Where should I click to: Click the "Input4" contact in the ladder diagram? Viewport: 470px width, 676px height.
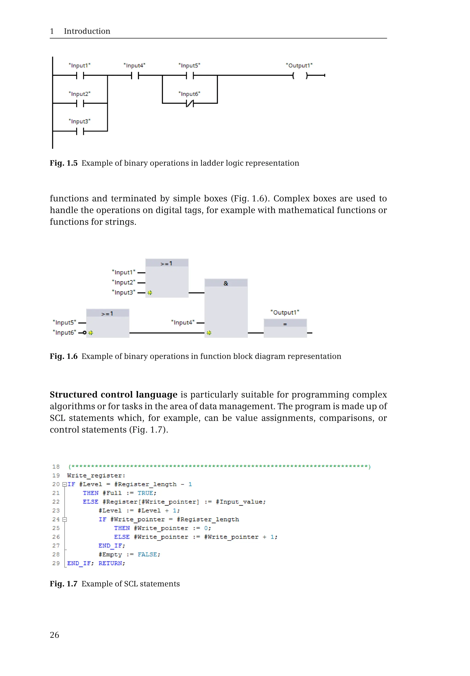tap(135, 76)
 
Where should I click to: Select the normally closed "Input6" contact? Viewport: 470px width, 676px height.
tap(190, 103)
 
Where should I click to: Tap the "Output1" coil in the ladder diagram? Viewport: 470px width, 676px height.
tap(300, 76)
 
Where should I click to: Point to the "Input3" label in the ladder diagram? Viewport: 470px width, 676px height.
tap(79, 121)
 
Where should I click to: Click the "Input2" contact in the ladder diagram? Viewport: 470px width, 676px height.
tap(80, 103)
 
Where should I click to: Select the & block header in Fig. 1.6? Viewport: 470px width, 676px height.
tap(226, 283)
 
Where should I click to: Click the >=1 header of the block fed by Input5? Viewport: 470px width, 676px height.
tap(107, 313)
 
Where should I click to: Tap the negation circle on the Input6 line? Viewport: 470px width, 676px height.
tap(84, 333)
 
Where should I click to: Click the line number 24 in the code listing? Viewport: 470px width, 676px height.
tap(56, 519)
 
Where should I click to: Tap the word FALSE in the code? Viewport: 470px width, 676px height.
tap(147, 554)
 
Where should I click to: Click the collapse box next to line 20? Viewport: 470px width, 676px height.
tap(64, 484)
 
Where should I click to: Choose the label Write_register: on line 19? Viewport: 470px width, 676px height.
tap(96, 475)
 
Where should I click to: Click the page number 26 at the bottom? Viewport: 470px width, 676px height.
tap(54, 635)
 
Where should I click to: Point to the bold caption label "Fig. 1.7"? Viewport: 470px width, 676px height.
tap(63, 584)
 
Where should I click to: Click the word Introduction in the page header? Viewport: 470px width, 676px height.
tap(87, 31)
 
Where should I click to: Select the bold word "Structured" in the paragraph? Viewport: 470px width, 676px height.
tap(73, 394)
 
